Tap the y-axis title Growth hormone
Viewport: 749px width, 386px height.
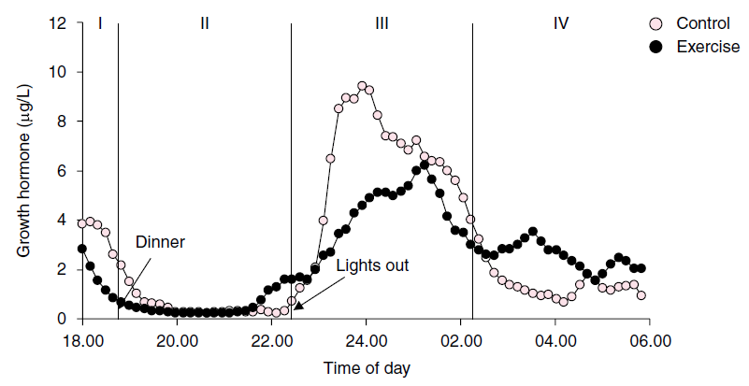(25, 172)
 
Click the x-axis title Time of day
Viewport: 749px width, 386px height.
(366, 368)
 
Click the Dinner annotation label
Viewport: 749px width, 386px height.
(161, 242)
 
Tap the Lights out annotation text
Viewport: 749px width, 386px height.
(372, 265)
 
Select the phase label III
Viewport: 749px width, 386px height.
(382, 23)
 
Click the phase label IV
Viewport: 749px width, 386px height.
(561, 23)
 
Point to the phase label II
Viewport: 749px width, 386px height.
(205, 23)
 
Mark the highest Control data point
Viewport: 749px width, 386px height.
(362, 86)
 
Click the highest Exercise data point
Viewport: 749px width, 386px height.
(425, 165)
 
